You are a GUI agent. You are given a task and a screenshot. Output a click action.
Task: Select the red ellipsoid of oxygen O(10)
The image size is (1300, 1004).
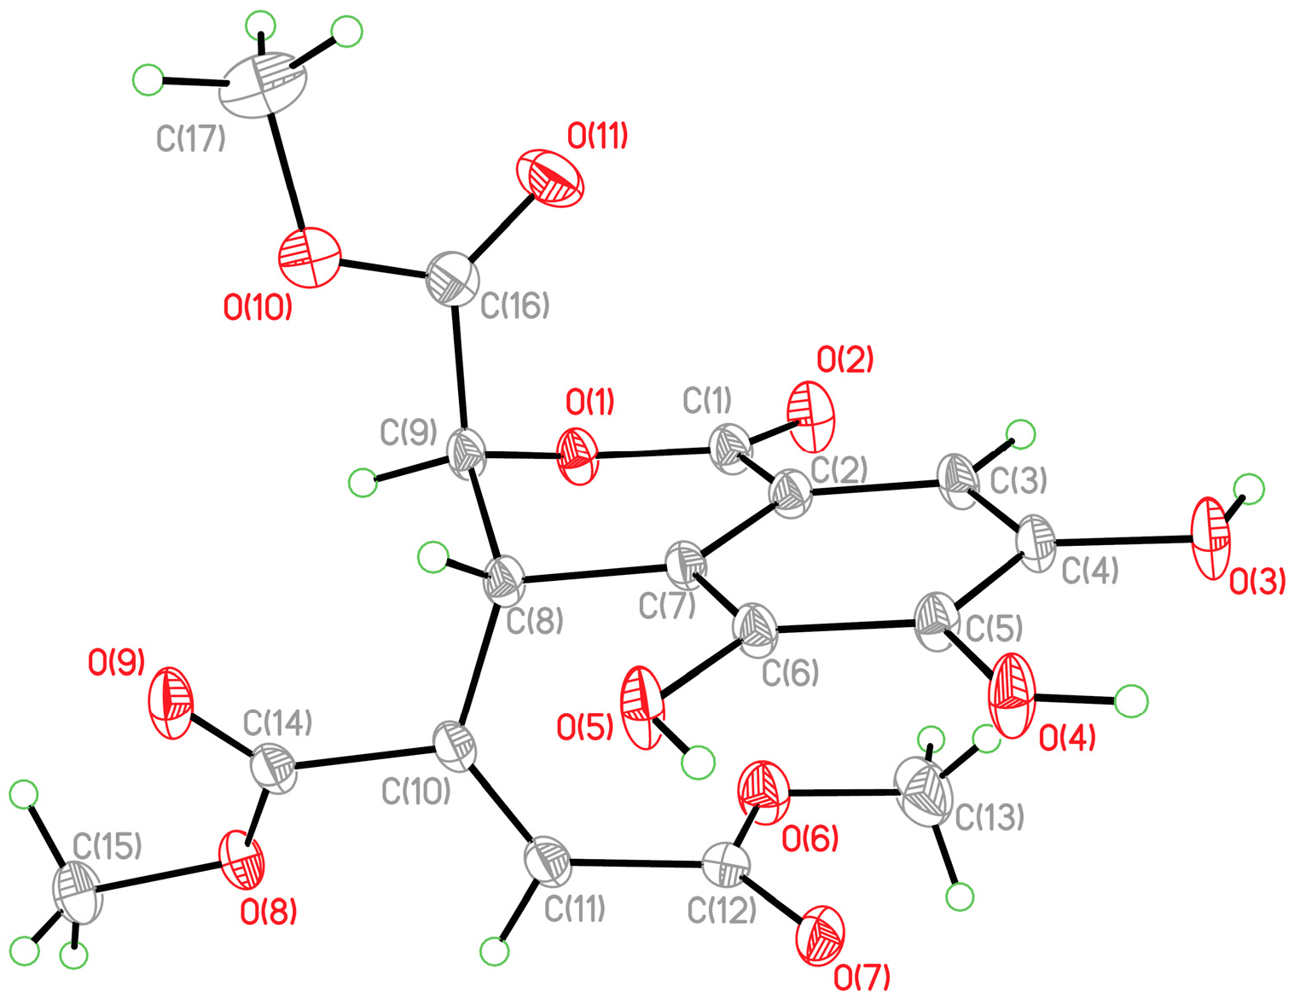tap(309, 257)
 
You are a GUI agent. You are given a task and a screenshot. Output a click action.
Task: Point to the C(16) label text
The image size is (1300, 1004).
tap(514, 305)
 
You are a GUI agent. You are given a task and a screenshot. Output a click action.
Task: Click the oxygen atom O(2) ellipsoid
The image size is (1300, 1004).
tap(811, 416)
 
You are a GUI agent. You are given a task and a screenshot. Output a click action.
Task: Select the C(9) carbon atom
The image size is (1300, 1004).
tap(467, 451)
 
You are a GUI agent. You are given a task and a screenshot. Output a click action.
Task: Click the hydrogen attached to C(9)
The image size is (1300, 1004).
tap(363, 483)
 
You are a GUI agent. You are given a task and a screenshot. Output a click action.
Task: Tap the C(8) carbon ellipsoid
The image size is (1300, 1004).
tap(505, 581)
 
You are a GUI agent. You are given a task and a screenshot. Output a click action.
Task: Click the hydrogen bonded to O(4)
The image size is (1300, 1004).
tap(1131, 701)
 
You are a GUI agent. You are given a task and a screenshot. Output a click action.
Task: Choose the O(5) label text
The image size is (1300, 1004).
tap(584, 728)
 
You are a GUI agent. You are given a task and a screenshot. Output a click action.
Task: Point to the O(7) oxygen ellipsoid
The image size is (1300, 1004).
tap(820, 936)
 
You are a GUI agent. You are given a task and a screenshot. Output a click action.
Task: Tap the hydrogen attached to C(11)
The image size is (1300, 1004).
tap(494, 950)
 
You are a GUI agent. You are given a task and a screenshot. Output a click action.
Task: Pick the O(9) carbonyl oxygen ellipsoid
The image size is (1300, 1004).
tap(171, 701)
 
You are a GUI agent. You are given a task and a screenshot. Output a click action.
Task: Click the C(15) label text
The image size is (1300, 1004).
tap(107, 846)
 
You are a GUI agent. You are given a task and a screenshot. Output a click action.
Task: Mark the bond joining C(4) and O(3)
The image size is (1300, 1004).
tap(1126, 541)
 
